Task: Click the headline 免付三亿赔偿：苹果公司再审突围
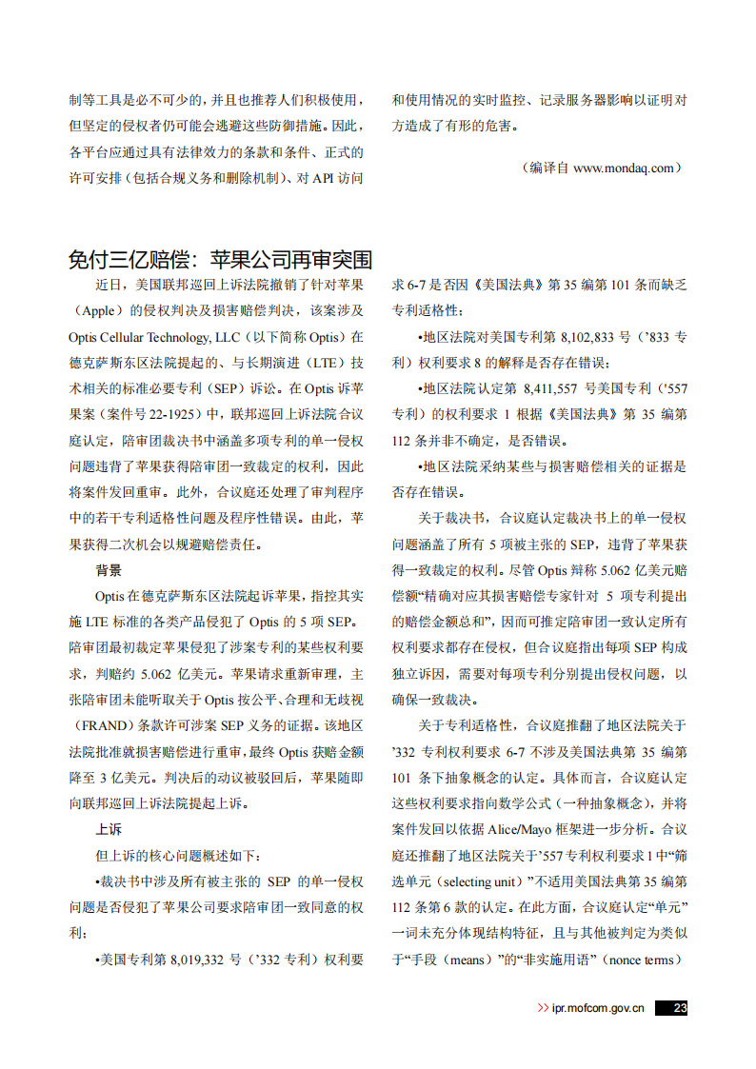[x=220, y=260]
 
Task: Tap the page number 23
[x=679, y=1008]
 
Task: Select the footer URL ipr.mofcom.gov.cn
[x=598, y=1008]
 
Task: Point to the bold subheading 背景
[x=109, y=571]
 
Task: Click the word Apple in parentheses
[x=100, y=310]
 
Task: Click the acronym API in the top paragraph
[x=327, y=177]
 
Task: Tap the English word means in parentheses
[x=478, y=960]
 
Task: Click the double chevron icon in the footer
[x=543, y=1008]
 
